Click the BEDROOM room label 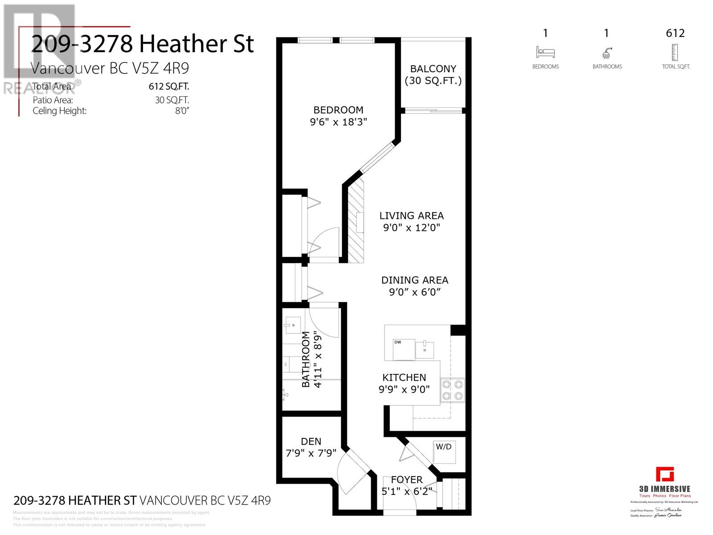pos(338,110)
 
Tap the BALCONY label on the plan pos(433,69)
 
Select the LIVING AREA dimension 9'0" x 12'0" pos(411,228)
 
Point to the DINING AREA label pos(414,280)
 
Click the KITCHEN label pos(404,377)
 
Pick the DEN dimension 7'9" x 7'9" pos(311,453)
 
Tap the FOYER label pos(406,480)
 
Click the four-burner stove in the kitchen pos(452,391)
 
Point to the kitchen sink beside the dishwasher pos(424,350)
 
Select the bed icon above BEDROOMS pos(545,52)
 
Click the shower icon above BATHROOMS pos(607,53)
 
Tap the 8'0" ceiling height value pos(182,111)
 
